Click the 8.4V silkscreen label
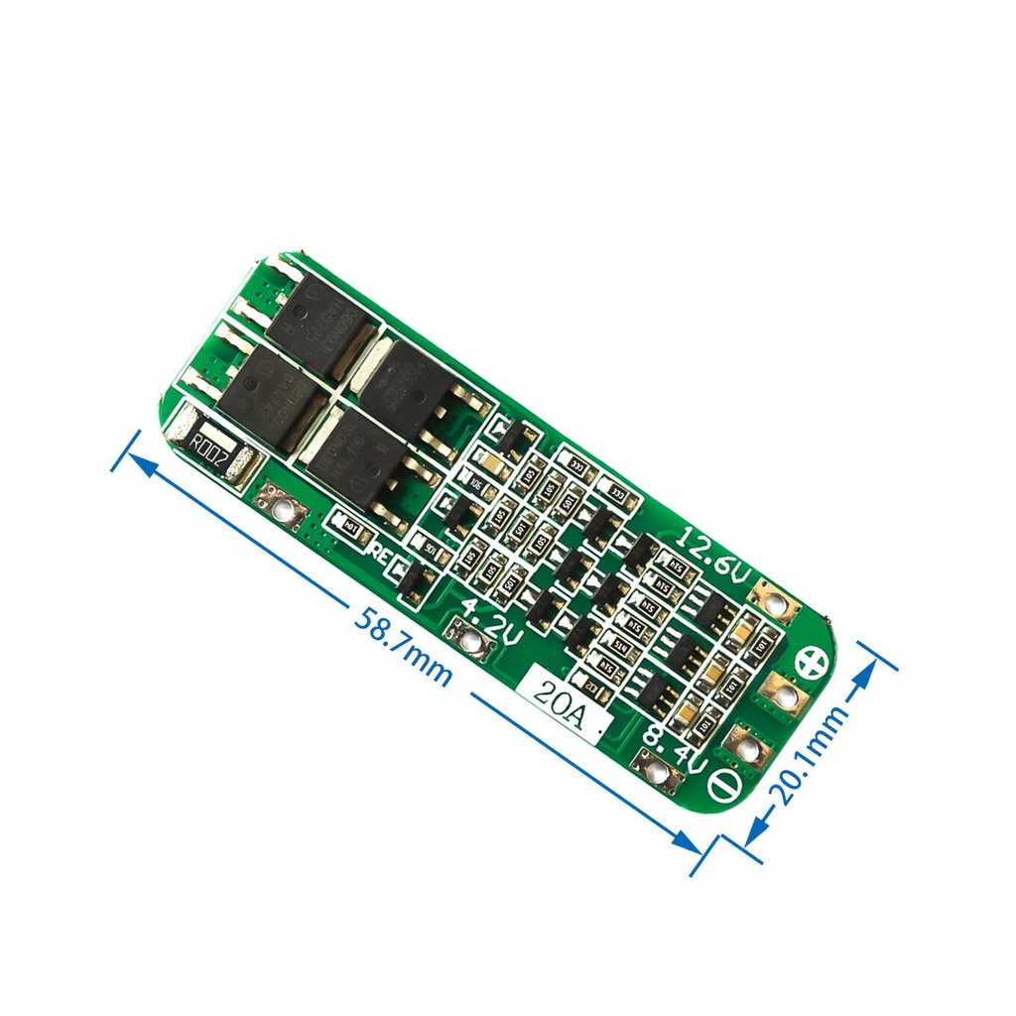pos(676,749)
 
